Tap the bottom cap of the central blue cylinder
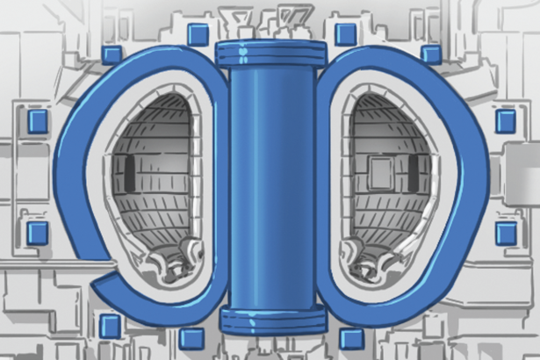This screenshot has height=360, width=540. (270, 320)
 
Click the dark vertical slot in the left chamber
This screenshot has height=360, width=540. (130, 172)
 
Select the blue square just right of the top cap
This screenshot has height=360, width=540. (346, 33)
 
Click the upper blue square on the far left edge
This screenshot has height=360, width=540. (37, 121)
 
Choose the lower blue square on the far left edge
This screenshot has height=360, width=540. (37, 232)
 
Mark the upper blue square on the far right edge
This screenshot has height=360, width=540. (506, 121)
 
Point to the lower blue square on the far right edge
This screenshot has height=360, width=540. (506, 232)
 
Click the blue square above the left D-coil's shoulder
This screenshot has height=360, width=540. (112, 54)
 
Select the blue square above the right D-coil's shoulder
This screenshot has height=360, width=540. (429, 54)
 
